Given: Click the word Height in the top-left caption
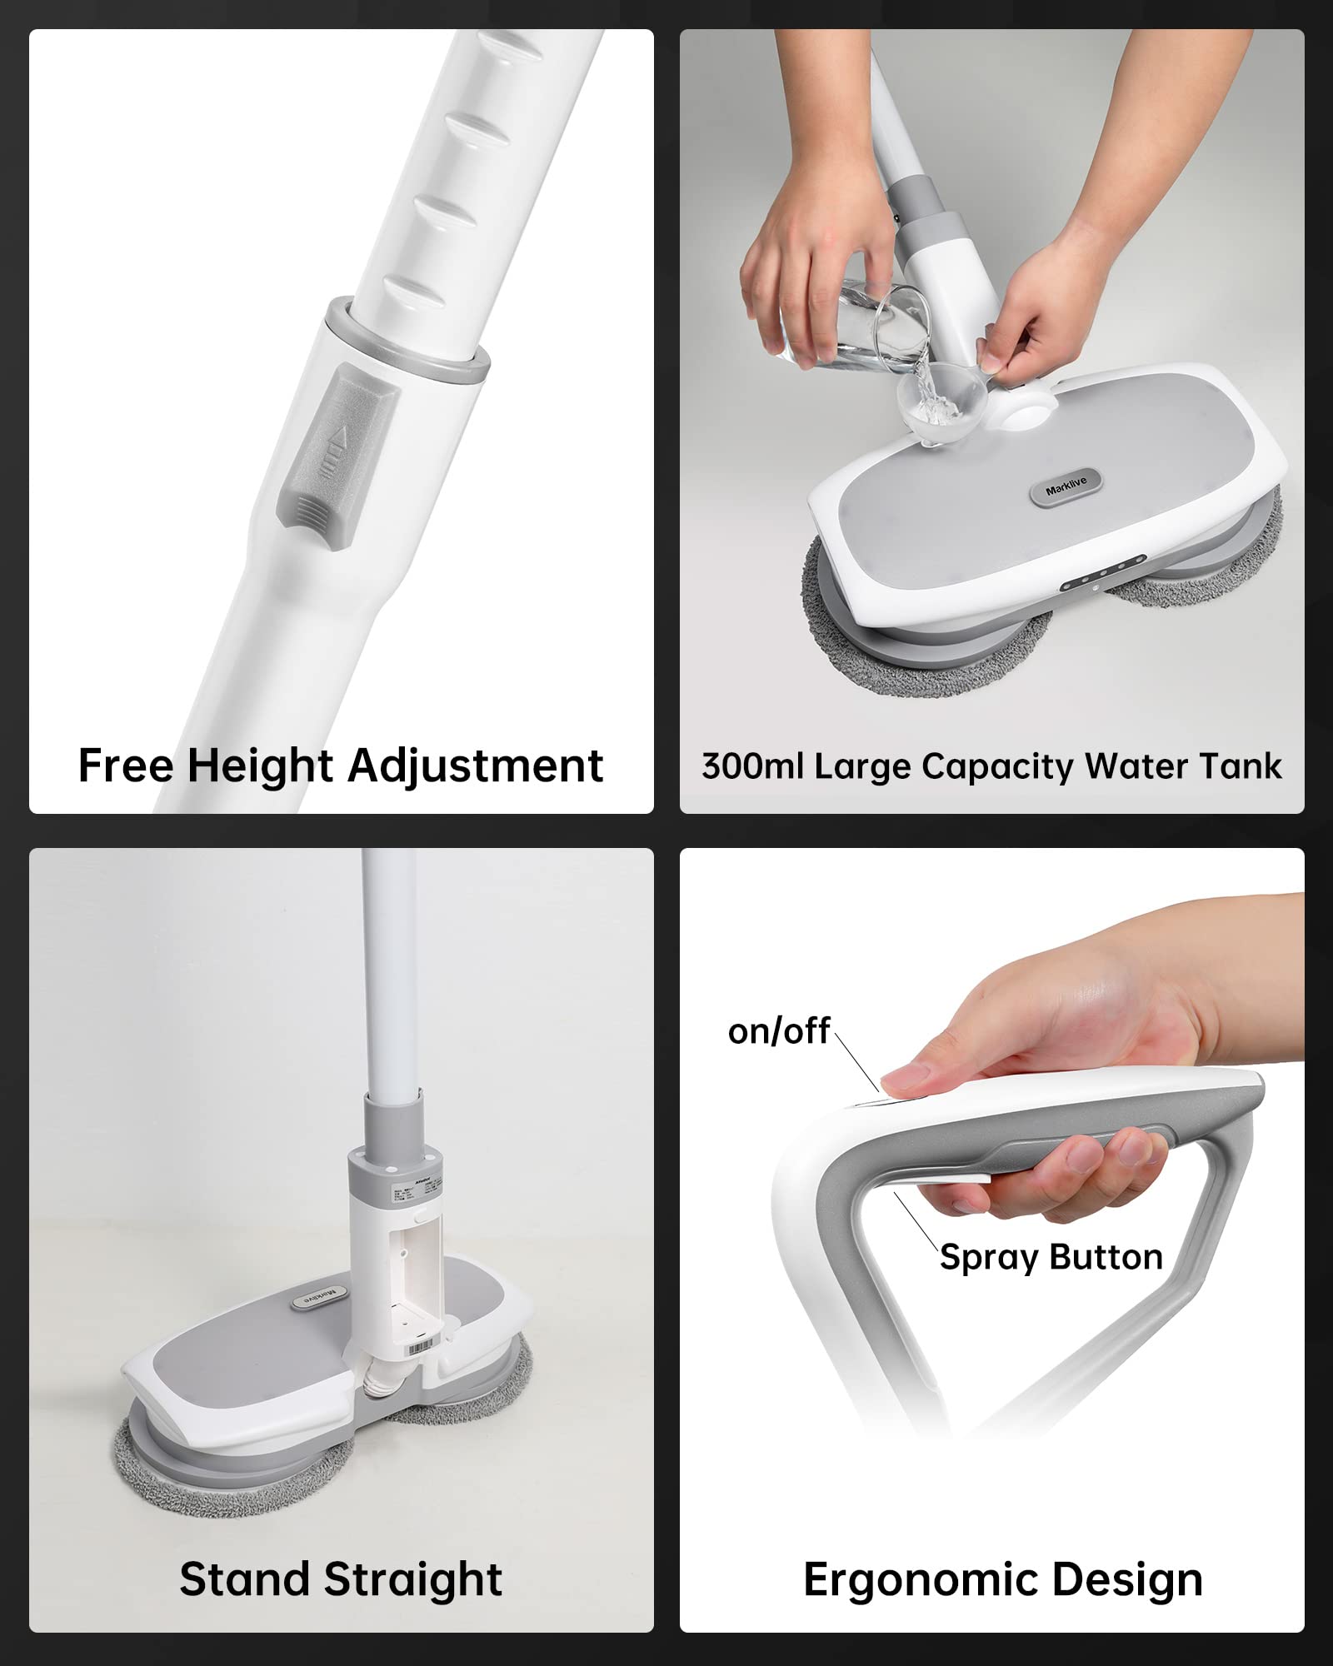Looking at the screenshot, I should point(260,766).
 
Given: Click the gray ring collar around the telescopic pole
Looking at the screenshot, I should point(408,342).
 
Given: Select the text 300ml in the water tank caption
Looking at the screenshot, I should point(751,766).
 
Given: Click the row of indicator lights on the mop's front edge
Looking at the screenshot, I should point(1104,574).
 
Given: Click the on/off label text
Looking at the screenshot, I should point(778,1031).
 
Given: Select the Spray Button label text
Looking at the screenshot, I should point(1051,1257).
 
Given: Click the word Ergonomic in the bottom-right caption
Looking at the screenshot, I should point(908,1579).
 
